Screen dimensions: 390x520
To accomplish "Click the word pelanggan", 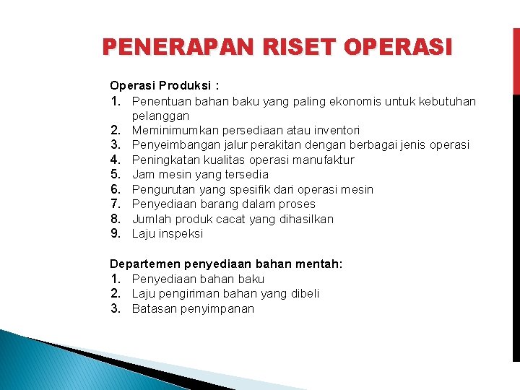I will click(160, 116).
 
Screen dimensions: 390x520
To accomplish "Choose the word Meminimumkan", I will click(168, 130).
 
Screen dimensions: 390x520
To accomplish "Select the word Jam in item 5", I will click(142, 174).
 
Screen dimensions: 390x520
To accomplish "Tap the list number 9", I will click(115, 233).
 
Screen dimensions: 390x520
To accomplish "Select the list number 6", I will click(115, 189).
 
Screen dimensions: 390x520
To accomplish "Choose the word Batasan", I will click(154, 308).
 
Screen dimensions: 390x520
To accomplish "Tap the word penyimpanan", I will click(218, 308).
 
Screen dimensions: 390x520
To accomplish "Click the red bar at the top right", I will click(516, 61).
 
